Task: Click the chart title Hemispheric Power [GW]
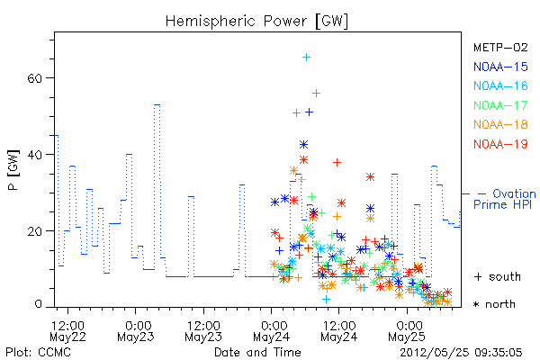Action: point(256,21)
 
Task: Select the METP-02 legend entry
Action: point(500,47)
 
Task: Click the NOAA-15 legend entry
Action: point(500,67)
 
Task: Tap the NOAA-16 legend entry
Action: point(500,85)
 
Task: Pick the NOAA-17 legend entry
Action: point(500,105)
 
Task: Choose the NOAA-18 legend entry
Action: point(500,124)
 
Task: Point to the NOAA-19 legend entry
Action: point(500,144)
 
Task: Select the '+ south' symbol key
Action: point(498,276)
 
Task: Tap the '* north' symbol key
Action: point(494,304)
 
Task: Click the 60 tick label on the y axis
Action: point(34,78)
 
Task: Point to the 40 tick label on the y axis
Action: point(34,155)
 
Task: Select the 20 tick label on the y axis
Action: point(34,231)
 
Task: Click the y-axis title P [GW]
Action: point(13,170)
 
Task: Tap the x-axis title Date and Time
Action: point(257,353)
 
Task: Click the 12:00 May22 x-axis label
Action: point(67,331)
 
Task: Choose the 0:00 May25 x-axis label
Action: point(407,331)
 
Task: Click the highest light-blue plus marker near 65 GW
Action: point(306,58)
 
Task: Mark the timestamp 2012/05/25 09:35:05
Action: point(461,353)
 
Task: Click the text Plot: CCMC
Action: point(38,353)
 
